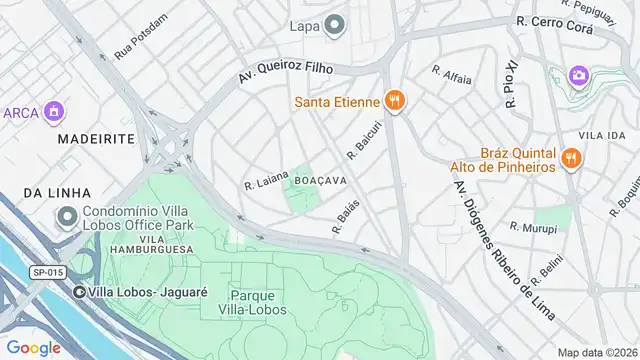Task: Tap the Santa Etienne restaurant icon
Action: pyautogui.click(x=396, y=100)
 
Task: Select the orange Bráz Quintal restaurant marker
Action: pyautogui.click(x=571, y=157)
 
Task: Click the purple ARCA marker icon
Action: pyautogui.click(x=55, y=111)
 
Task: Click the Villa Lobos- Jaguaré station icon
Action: pyautogui.click(x=80, y=292)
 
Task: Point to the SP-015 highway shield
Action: pyautogui.click(x=47, y=272)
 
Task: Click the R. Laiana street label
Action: pyautogui.click(x=266, y=180)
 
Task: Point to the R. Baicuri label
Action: pyautogui.click(x=366, y=141)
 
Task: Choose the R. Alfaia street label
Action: pyautogui.click(x=451, y=71)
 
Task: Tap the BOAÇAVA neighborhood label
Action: pyautogui.click(x=321, y=180)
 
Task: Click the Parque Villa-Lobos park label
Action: pyautogui.click(x=259, y=303)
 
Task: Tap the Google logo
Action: pyautogui.click(x=34, y=347)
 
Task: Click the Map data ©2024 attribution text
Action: pyautogui.click(x=597, y=352)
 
